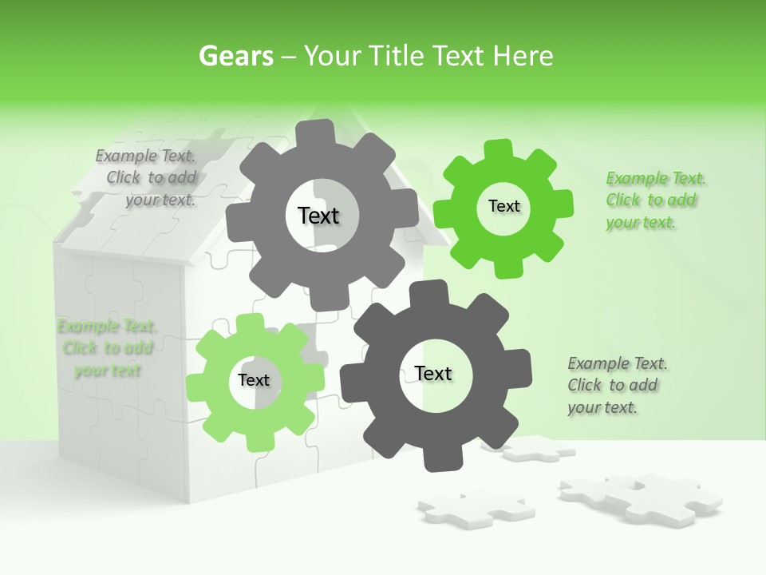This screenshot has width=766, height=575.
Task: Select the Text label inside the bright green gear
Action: [503, 206]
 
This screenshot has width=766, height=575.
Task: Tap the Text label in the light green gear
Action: [254, 380]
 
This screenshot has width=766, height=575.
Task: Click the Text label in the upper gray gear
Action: [318, 216]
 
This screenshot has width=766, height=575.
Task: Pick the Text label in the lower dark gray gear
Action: [433, 373]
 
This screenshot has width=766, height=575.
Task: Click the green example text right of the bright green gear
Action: [656, 200]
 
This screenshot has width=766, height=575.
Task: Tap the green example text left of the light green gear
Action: [107, 348]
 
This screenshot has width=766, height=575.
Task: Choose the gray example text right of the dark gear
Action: [617, 386]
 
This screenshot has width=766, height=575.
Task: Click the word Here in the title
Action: [523, 56]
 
